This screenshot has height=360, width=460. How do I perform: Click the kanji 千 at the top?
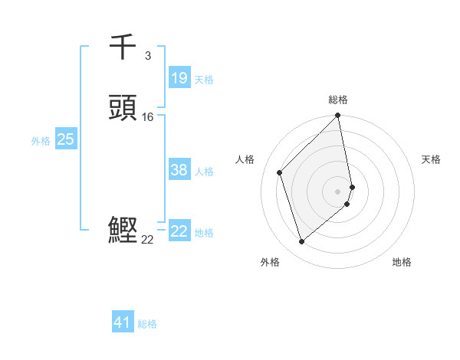point(123,47)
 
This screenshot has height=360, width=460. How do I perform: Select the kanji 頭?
point(123,108)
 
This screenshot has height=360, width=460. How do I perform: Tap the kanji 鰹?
point(123,231)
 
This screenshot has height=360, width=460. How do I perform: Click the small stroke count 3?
point(147,55)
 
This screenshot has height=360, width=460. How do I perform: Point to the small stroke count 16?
point(148,117)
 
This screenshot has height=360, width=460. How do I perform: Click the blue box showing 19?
point(179,78)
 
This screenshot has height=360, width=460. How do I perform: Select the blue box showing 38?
point(179,171)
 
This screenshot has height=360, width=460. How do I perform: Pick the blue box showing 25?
point(65,139)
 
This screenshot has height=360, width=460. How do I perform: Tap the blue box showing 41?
point(123,322)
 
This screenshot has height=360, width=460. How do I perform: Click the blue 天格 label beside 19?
point(204,80)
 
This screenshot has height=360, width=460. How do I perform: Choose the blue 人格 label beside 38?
point(204,172)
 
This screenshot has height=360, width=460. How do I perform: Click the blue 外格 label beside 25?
point(41,141)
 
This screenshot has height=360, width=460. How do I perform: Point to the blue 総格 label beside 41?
point(147,324)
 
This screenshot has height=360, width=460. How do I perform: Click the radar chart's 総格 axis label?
point(338,100)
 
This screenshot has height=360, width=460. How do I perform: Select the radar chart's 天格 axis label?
point(431,159)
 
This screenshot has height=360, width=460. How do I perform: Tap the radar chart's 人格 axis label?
point(245,159)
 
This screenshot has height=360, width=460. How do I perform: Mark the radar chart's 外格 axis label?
point(269,262)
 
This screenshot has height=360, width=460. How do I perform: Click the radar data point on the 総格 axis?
point(338,116)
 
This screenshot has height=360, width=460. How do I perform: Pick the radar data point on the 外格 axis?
point(302,242)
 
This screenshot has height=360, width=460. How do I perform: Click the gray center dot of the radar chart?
point(338,191)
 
